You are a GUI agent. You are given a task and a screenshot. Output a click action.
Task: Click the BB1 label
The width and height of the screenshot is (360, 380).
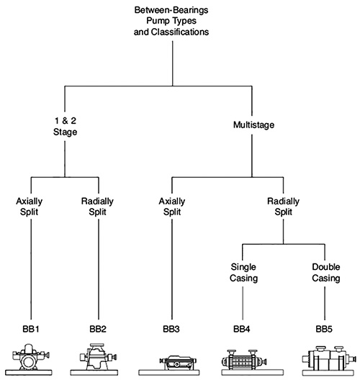(31, 329)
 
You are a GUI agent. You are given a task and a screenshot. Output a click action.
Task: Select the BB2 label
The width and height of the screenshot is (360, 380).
(98, 329)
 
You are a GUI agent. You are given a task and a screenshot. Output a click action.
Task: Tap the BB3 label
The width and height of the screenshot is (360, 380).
(171, 329)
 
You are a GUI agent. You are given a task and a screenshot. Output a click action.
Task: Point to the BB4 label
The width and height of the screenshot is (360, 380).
(242, 329)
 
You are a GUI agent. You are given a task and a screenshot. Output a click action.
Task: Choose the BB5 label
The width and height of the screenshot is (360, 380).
(324, 329)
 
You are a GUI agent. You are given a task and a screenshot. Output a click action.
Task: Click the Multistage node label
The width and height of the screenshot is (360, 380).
(254, 125)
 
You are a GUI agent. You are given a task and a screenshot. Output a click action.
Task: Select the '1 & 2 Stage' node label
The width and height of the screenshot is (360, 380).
(66, 126)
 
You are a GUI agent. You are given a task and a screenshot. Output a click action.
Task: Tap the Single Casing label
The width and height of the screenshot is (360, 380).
(243, 273)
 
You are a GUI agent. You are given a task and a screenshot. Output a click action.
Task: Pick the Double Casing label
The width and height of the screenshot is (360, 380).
(326, 273)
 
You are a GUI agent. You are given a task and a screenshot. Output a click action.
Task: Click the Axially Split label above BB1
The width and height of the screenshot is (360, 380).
(30, 207)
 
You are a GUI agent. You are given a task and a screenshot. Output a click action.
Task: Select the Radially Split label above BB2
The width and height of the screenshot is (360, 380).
(97, 207)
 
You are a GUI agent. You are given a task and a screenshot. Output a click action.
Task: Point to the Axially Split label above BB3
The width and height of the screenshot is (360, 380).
(172, 207)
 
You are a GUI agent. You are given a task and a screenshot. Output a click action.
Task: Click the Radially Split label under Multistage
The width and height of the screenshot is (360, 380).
(284, 207)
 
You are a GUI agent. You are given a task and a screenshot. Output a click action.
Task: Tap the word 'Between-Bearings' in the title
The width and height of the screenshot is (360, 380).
(171, 10)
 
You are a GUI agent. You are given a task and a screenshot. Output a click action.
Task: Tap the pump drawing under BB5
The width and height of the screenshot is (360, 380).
(328, 361)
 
